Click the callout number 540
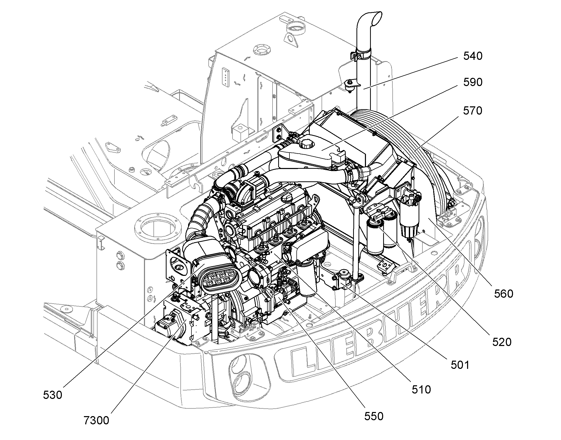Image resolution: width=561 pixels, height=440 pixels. coord(473,56)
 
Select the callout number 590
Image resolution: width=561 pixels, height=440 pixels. coord(473,82)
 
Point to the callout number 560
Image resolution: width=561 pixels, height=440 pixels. coord(504,294)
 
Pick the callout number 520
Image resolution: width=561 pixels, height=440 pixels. coord(502,342)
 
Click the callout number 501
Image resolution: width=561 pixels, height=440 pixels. coord(460,365)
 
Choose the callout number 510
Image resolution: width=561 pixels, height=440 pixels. coord(421,390)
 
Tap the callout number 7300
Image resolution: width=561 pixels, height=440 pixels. coord(96,420)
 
